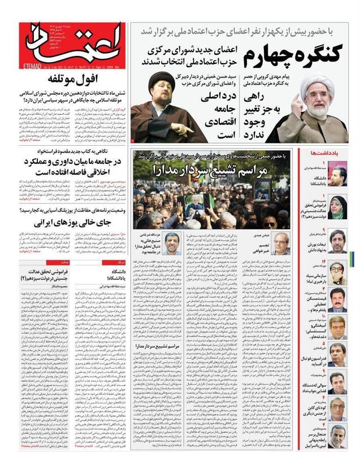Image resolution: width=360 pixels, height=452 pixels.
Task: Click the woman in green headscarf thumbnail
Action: [339, 207]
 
